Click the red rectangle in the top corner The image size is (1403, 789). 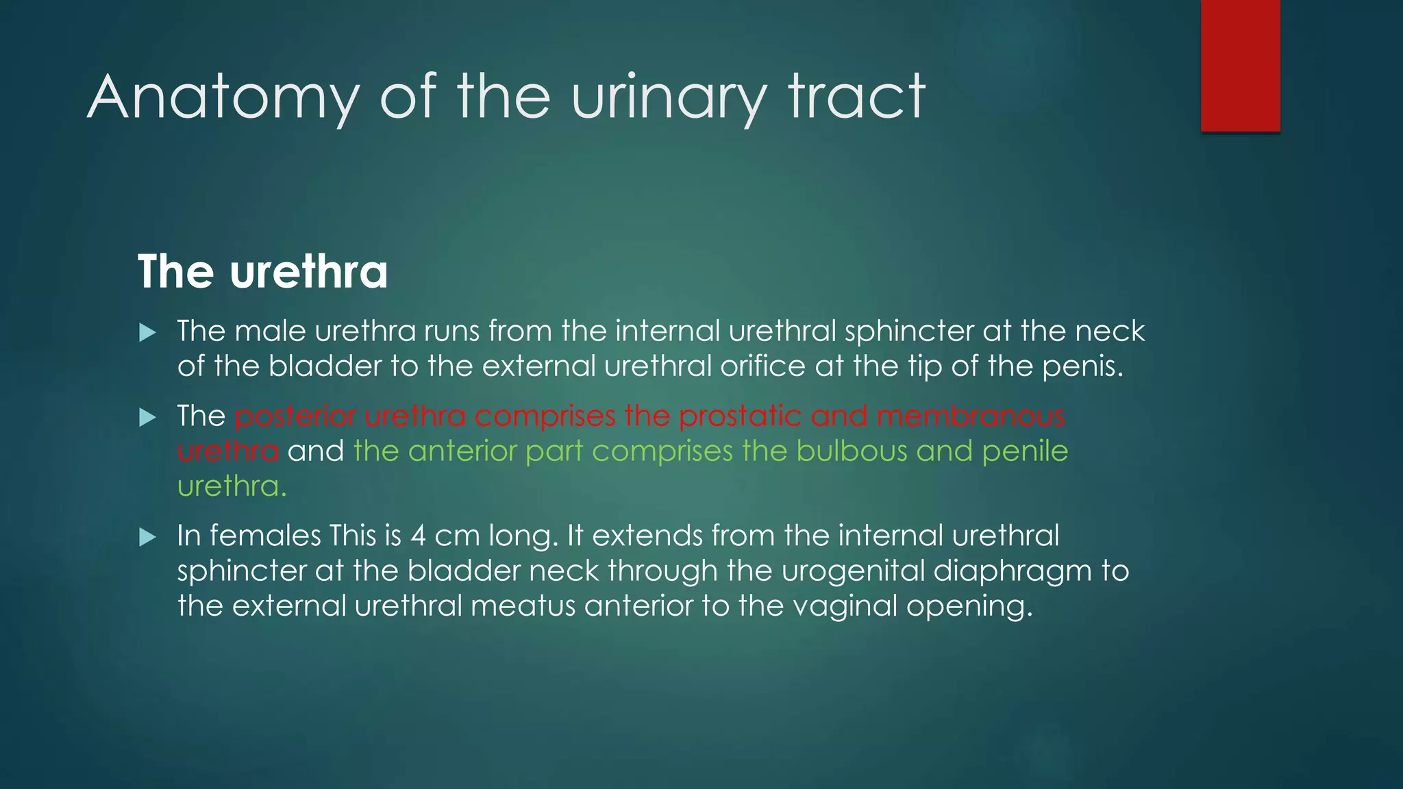[x=1240, y=66]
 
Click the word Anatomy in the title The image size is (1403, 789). [x=223, y=98]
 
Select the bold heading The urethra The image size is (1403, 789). [x=262, y=271]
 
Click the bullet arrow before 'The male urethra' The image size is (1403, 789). [x=147, y=334]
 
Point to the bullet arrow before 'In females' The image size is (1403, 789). [x=147, y=537]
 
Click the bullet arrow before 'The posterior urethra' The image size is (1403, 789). [x=147, y=417]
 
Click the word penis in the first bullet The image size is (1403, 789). [x=1082, y=366]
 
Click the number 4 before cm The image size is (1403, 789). [x=418, y=536]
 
